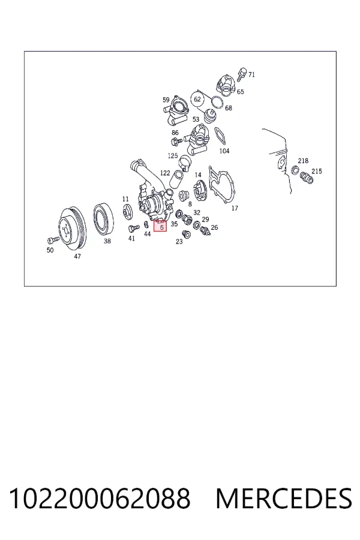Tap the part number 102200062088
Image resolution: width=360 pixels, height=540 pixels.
[x=100, y=499]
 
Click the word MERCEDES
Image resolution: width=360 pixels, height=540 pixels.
[x=284, y=499]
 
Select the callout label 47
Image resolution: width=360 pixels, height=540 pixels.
[x=77, y=256]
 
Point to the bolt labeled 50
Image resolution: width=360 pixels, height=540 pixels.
[x=53, y=239]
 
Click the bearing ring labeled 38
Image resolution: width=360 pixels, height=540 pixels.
[x=103, y=220]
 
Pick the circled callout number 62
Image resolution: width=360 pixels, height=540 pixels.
[x=197, y=100]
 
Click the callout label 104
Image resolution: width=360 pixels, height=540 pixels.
[x=224, y=151]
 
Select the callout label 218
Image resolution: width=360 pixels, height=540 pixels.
[x=303, y=161]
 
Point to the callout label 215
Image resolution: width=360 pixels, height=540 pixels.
[x=317, y=171]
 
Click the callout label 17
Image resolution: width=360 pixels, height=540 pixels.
[x=235, y=208]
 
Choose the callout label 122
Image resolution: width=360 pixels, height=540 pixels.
[x=165, y=173]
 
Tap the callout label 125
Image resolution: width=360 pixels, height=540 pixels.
[x=173, y=155]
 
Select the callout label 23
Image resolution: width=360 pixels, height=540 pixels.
[x=179, y=242]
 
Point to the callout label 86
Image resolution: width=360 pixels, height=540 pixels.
[x=175, y=133]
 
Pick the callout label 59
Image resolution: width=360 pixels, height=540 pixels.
[x=166, y=100]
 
